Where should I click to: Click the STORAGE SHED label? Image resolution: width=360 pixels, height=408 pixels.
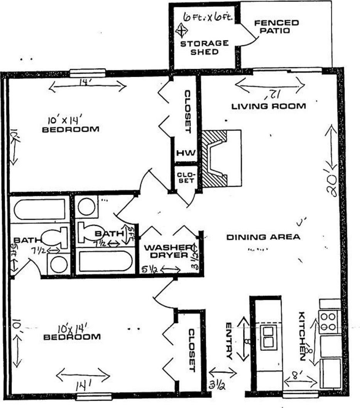coord(205,47)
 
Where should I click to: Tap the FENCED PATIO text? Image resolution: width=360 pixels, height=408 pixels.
coord(276,27)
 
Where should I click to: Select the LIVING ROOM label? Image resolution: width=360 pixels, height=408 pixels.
coord(269,106)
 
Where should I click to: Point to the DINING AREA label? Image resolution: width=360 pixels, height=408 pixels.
coord(263,237)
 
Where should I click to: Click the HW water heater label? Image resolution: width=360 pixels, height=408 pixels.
coord(186,153)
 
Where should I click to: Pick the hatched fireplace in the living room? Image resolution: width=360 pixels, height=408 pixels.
coord(215,159)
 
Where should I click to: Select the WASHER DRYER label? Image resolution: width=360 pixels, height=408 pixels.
coord(167,251)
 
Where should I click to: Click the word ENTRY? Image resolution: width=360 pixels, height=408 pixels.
coord(228,341)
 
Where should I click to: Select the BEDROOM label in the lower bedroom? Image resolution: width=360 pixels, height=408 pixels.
coord(72,337)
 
